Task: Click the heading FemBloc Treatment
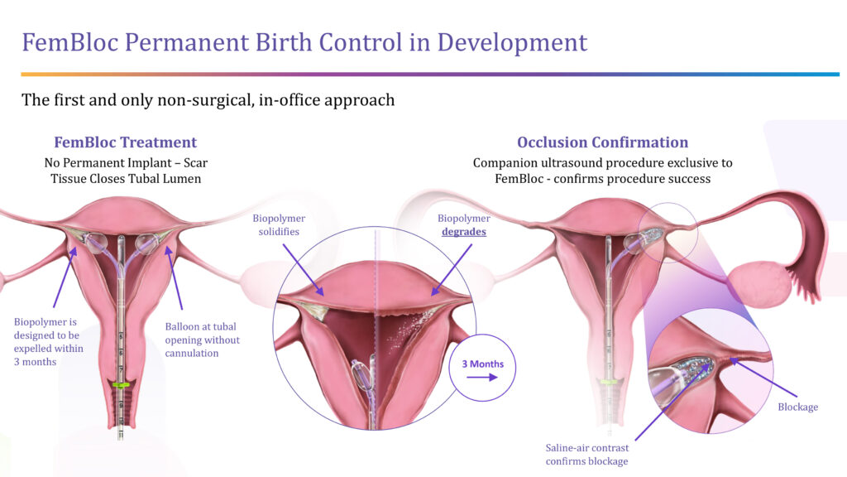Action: [x=126, y=142]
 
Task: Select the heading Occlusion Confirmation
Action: [x=602, y=142]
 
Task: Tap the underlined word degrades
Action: [x=464, y=232]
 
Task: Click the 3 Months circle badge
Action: [x=482, y=368]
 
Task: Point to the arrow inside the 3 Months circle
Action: [x=482, y=378]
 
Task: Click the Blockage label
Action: [x=798, y=407]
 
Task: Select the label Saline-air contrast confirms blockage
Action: [x=586, y=455]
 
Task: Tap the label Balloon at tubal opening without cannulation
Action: [x=202, y=340]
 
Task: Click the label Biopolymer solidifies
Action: [x=279, y=225]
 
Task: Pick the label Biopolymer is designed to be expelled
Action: [x=48, y=342]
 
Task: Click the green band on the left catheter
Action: [x=121, y=385]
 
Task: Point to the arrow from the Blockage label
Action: [x=763, y=378]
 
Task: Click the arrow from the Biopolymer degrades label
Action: [x=452, y=269]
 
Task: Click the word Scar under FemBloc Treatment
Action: [x=195, y=163]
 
